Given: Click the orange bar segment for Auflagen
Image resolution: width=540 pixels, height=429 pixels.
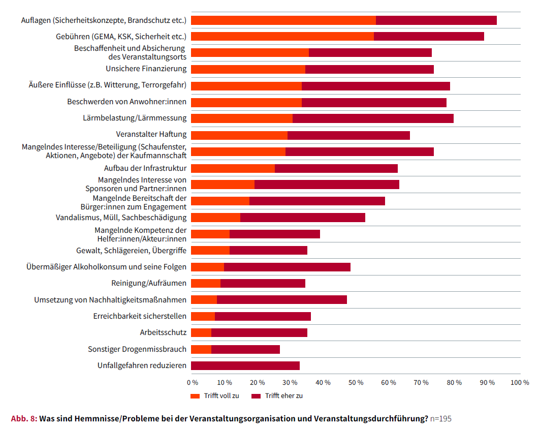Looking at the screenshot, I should click(283, 20).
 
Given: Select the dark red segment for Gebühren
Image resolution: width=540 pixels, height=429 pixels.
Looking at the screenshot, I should click(429, 37).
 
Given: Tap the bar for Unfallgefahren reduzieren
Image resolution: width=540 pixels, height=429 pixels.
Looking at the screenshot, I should click(245, 365).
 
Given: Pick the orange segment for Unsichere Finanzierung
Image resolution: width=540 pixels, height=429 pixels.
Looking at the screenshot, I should click(248, 69).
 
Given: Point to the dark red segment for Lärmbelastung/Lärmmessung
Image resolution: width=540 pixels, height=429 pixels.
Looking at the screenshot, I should click(373, 118).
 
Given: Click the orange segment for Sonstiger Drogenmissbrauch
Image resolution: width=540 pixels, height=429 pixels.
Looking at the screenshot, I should click(201, 349).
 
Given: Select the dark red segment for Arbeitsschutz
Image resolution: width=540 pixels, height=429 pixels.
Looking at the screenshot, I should click(259, 333).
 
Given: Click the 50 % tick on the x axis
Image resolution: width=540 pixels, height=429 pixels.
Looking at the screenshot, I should click(356, 382).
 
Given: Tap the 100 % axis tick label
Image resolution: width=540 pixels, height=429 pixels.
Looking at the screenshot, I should click(520, 382).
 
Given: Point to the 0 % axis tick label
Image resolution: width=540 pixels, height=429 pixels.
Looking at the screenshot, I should click(193, 382).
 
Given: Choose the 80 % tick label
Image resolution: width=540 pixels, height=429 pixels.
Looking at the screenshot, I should click(454, 382).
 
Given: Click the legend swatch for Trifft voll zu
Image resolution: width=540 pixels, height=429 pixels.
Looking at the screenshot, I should click(195, 396).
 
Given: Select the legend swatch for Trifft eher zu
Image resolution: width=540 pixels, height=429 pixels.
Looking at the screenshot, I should click(256, 396).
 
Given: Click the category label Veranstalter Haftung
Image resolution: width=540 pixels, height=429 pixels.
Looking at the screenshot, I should click(151, 135).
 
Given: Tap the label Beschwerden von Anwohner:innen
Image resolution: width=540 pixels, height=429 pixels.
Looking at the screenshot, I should click(126, 102).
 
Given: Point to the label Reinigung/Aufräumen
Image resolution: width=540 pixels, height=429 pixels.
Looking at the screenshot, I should click(149, 283).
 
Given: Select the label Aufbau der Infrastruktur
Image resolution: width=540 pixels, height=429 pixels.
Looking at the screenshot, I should click(145, 168).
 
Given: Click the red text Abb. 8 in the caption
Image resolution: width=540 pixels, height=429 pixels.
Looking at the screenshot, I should click(24, 419).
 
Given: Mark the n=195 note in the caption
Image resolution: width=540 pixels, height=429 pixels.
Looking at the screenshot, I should click(441, 419).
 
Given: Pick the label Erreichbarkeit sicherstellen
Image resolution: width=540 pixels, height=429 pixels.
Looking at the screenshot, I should click(140, 316).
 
